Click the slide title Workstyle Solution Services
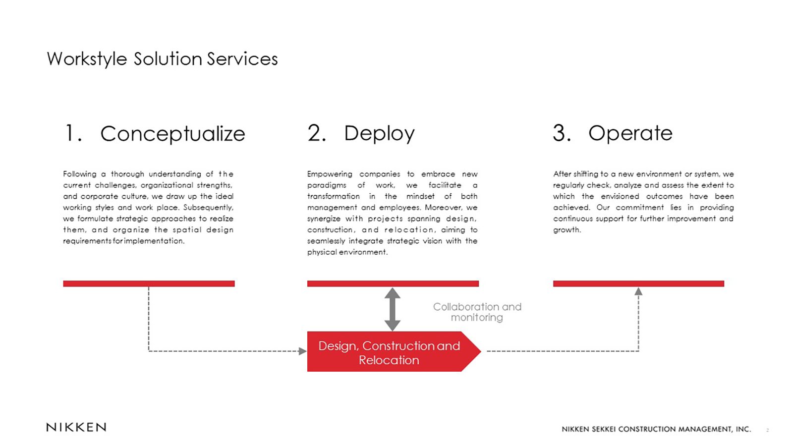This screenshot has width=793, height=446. coord(162,59)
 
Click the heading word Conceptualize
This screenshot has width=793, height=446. coord(173,134)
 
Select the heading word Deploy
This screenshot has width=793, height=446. coord(379,134)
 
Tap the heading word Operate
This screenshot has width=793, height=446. coord(630,133)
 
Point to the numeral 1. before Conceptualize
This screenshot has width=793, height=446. coord(74,133)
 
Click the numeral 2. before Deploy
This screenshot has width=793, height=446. coord(317,133)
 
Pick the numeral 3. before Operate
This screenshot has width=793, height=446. coord(562,133)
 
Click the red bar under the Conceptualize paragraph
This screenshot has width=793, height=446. coord(149,283)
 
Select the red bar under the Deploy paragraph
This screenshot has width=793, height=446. coord(393,283)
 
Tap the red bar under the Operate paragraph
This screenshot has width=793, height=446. coord(639,283)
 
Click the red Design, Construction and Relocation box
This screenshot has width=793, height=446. coord(394,351)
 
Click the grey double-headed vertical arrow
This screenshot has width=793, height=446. coord(393,309)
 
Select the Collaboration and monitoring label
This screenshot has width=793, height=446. coord(477,312)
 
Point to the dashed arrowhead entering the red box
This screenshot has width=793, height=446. coord(303,351)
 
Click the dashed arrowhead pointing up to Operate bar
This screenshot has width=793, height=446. coord(638,291)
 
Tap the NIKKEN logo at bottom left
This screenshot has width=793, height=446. coord(76,427)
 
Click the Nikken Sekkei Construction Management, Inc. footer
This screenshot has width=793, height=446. coord(656,429)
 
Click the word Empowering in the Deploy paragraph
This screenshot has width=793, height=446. coord(330,174)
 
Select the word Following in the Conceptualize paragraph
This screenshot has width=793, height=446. coord(80,174)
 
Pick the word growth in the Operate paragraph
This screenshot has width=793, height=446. coord(567,230)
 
